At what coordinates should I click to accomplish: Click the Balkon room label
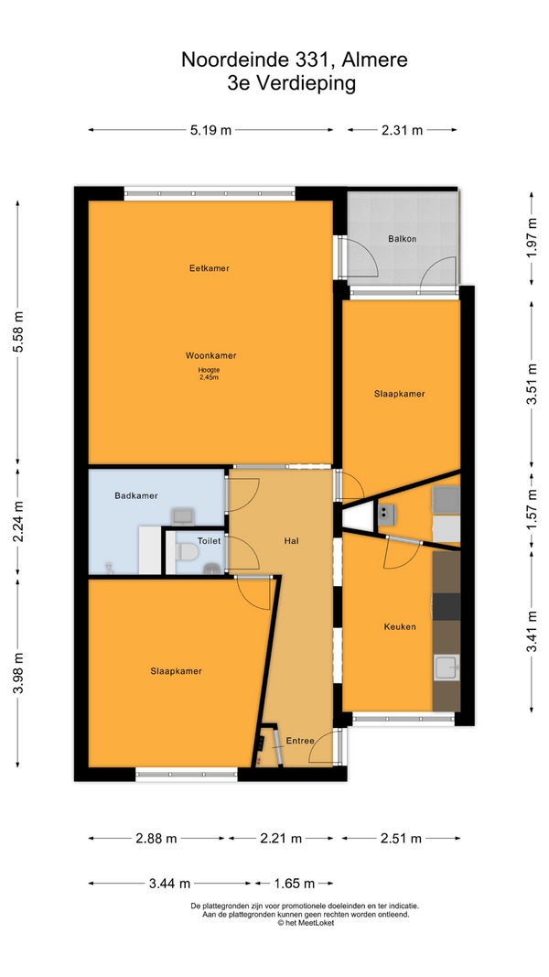(x=402, y=239)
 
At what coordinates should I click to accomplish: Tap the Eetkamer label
(x=210, y=268)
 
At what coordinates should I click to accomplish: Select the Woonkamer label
(x=211, y=356)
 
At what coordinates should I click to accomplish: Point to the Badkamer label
(x=136, y=496)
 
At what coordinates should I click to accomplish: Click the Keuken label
(x=400, y=627)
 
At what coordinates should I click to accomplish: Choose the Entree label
(x=299, y=741)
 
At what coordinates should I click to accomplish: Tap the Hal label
(x=291, y=541)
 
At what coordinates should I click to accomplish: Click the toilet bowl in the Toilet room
(x=187, y=551)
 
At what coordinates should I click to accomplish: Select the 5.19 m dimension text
(x=210, y=130)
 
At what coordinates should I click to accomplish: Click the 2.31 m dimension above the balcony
(x=402, y=130)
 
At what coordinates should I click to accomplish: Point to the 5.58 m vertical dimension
(x=18, y=331)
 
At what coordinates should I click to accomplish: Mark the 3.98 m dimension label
(x=18, y=673)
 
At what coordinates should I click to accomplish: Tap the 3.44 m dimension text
(x=168, y=884)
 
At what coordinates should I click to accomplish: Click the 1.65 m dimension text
(x=294, y=884)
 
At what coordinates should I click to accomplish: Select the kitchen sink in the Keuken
(x=447, y=668)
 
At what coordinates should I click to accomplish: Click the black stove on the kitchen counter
(x=447, y=607)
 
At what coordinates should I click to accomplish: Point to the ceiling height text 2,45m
(x=210, y=377)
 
